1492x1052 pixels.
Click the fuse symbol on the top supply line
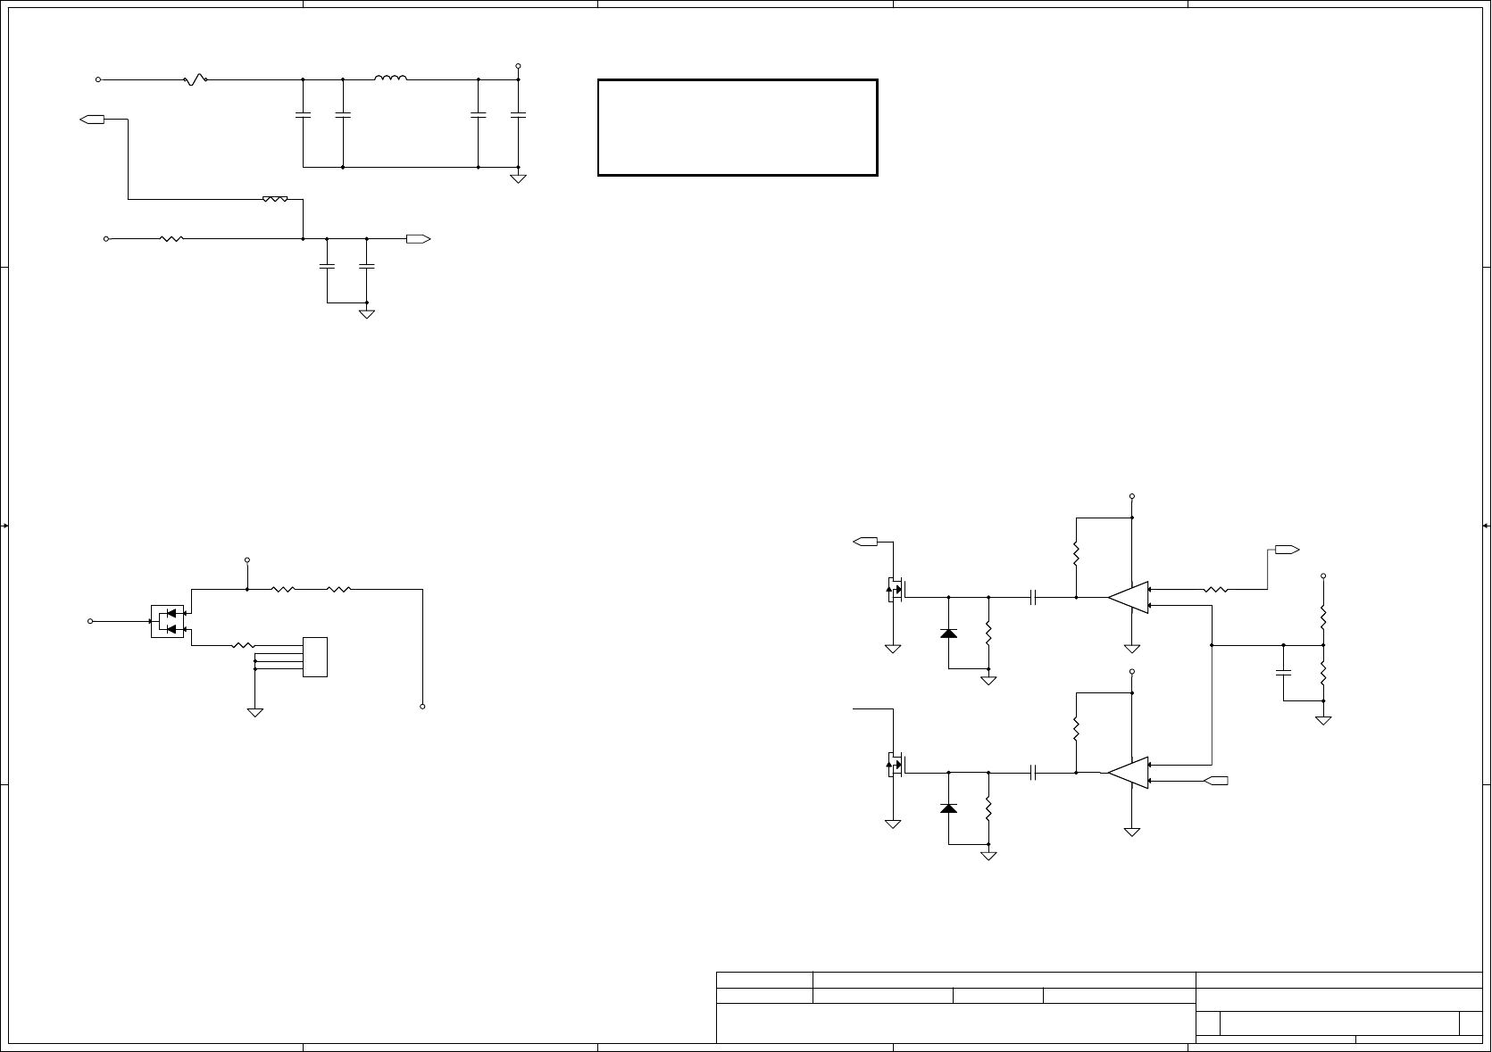[x=196, y=79]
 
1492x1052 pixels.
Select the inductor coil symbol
[x=391, y=79]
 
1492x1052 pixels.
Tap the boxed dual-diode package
[x=168, y=621]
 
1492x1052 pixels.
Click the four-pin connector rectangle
[x=315, y=657]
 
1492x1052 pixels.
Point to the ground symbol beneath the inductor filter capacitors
[x=518, y=178]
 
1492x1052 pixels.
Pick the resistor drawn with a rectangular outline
[x=275, y=199]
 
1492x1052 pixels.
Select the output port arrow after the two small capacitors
[x=418, y=239]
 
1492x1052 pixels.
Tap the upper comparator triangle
[x=1129, y=597]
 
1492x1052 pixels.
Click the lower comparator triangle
[x=1129, y=773]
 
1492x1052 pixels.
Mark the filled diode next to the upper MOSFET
[x=948, y=634]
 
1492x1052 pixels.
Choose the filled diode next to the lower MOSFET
[x=948, y=808]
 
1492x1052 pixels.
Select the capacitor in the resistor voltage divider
[x=1284, y=671]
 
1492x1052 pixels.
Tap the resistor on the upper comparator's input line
[x=1216, y=589]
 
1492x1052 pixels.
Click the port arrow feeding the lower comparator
[x=1216, y=782]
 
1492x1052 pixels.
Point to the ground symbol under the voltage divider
[x=1323, y=718]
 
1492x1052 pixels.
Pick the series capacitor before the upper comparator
[x=1033, y=597]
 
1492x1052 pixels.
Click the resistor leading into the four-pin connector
[x=243, y=645]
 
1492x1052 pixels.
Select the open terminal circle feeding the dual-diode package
[x=90, y=621]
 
